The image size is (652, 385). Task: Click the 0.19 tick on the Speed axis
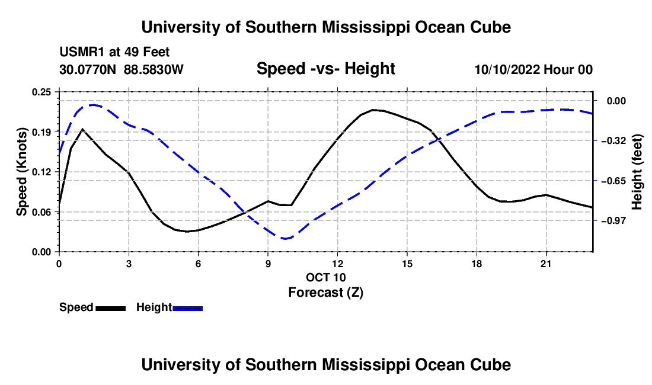click(x=41, y=132)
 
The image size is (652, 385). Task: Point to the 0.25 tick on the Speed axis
click(x=41, y=92)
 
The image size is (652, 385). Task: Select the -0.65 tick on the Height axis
click(x=613, y=181)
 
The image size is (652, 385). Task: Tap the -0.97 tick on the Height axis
click(x=613, y=220)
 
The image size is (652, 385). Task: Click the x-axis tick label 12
click(x=338, y=264)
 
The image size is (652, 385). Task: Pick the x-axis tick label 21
click(x=546, y=264)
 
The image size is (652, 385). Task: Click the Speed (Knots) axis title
click(x=21, y=172)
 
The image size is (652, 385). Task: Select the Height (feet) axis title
click(x=637, y=172)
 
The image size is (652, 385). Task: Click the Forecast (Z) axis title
click(x=325, y=293)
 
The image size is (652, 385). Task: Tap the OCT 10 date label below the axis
click(x=325, y=277)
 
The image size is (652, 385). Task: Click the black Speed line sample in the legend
click(x=110, y=309)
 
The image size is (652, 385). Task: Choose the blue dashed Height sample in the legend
click(x=187, y=309)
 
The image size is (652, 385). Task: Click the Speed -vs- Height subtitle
click(x=325, y=69)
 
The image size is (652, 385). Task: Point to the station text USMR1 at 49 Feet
click(x=114, y=52)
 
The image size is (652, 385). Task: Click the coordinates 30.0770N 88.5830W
click(x=122, y=69)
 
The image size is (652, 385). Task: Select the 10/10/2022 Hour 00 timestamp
click(x=533, y=69)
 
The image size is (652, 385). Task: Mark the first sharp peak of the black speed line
click(x=82, y=129)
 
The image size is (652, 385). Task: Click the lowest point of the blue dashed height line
click(x=285, y=238)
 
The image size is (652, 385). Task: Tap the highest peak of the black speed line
click(x=373, y=110)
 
